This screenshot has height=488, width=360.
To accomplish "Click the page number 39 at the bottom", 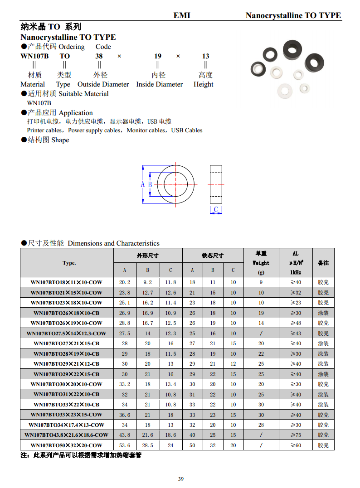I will pos(180,479).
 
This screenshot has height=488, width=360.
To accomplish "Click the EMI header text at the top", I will pos(182,15).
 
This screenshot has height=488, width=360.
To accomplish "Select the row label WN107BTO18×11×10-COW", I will pos(67,282).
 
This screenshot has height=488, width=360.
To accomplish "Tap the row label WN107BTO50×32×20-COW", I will pos(67,445).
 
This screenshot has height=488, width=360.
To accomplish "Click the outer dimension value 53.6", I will pos(125,445).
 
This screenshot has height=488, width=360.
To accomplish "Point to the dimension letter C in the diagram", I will pos(216,209).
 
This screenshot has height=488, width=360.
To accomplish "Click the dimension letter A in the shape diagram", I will pos(142,184).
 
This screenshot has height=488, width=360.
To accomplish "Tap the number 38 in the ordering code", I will pos(99,56).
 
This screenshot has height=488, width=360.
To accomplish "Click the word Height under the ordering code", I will pos(203,84).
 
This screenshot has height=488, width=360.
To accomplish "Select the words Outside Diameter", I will pos(103,84).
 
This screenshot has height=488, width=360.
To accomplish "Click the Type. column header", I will pos(69,263).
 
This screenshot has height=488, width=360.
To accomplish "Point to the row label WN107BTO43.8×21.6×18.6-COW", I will pos(67,435).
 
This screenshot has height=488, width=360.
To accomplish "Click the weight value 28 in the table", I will pos(261,425).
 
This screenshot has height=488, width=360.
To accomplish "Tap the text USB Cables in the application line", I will pos(187,130).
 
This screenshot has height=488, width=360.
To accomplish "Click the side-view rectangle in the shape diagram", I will pos(216,184).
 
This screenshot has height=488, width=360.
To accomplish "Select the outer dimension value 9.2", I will pos(148,282).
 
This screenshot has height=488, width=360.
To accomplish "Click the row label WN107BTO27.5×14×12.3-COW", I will pos(67,333).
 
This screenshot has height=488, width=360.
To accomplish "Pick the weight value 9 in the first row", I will pos(261,282).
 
